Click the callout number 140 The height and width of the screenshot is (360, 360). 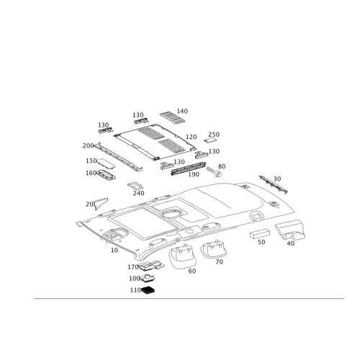[182, 111]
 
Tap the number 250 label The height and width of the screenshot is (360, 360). [214, 135]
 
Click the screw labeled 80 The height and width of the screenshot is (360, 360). [214, 171]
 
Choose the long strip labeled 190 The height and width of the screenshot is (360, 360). [189, 168]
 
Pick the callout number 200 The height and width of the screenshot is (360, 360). [88, 145]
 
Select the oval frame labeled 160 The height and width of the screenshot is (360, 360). [106, 174]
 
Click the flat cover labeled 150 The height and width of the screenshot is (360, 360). [106, 163]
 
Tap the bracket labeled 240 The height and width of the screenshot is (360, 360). [135, 186]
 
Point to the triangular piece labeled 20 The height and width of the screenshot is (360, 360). [101, 203]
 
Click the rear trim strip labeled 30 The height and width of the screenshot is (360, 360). [274, 184]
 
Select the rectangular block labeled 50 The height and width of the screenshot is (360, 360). [259, 234]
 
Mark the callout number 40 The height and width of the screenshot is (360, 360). [291, 243]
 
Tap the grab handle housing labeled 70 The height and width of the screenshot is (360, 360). [213, 249]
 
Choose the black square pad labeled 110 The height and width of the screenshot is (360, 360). [148, 290]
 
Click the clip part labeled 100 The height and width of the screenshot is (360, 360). [147, 278]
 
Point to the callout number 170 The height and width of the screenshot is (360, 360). [133, 267]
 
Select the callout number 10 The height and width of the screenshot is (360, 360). [114, 250]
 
